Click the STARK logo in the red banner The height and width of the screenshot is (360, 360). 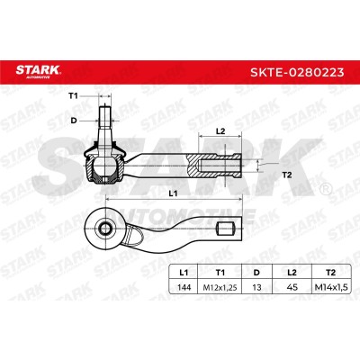[x=38, y=71]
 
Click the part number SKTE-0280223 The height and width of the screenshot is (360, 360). [x=297, y=72]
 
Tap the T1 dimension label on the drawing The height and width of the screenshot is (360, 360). [x=73, y=96]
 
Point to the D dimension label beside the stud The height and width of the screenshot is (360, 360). [x=74, y=121]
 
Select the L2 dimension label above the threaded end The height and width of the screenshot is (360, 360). [x=220, y=131]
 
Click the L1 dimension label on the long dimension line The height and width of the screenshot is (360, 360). [x=173, y=193]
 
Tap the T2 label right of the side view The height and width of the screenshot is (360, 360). [x=287, y=175]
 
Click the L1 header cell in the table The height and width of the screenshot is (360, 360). [x=184, y=273]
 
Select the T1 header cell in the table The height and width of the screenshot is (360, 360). [x=220, y=273]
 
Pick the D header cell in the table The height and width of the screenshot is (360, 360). [x=256, y=273]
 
